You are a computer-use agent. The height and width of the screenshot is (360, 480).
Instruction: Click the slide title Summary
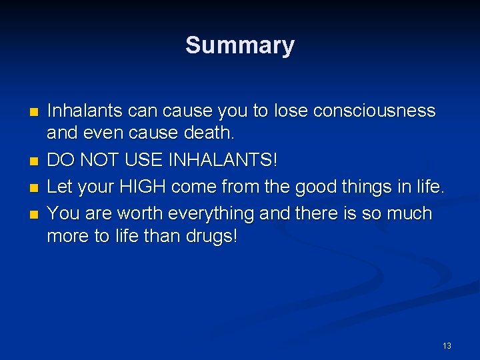pos(240,45)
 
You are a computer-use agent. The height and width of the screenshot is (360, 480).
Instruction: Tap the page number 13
pos(446,345)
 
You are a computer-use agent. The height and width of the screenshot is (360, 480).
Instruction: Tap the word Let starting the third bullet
pos(60,188)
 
